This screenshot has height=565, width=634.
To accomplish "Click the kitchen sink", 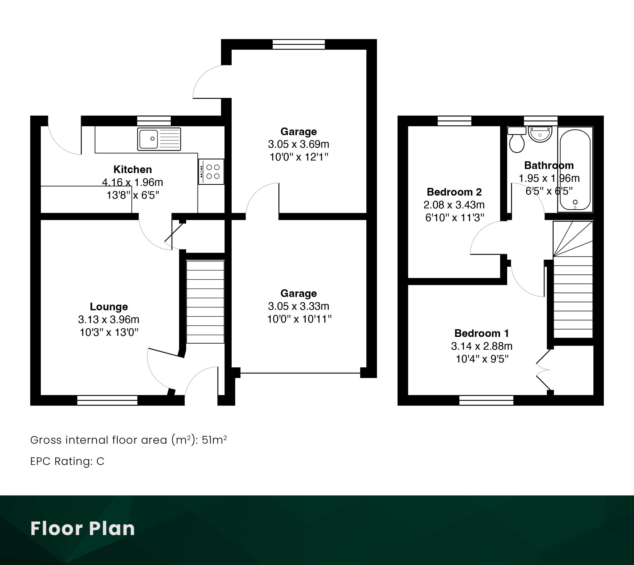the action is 159,139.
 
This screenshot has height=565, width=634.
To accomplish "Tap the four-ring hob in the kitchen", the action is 211,172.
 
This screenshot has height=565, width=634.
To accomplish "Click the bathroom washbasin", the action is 540,134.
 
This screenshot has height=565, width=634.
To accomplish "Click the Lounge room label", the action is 109,307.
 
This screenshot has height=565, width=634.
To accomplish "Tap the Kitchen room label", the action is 133,169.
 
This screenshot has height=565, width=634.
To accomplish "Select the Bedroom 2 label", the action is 454,192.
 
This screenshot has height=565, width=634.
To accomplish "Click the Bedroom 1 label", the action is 482,333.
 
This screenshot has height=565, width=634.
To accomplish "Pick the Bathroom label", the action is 549,165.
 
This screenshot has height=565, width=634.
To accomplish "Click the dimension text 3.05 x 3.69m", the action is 299,144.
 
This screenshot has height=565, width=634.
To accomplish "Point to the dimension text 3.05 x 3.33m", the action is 299,306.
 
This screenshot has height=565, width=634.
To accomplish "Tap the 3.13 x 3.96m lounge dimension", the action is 109,319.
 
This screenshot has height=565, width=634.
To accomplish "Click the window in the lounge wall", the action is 107,400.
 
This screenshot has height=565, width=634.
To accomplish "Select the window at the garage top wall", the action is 299,45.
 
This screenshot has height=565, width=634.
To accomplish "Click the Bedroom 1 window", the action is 486,400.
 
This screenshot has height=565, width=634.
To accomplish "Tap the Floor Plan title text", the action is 83,528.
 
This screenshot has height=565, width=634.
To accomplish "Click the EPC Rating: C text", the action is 67,462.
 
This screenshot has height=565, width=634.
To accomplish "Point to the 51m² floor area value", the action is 214,440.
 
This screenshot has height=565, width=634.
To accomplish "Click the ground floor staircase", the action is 205,302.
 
